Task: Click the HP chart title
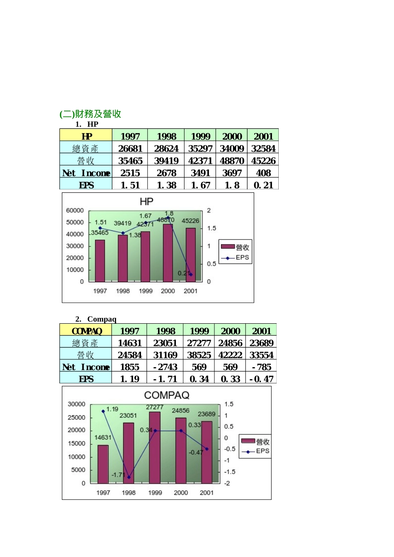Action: pyautogui.click(x=146, y=202)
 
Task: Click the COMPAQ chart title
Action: pyautogui.click(x=167, y=395)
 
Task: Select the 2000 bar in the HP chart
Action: pyautogui.click(x=168, y=253)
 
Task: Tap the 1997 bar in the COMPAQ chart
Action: pyautogui.click(x=103, y=464)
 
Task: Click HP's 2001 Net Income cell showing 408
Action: pyautogui.click(x=263, y=173)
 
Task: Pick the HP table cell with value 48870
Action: pyautogui.click(x=231, y=161)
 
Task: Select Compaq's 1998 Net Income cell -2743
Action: pyautogui.click(x=165, y=367)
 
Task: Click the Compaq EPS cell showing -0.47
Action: pyautogui.click(x=261, y=379)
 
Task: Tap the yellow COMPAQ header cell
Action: pyautogui.click(x=86, y=331)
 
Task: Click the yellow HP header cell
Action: pyautogui.click(x=86, y=136)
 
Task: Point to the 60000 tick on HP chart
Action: pyautogui.click(x=75, y=211)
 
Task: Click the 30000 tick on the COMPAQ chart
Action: pyautogui.click(x=77, y=404)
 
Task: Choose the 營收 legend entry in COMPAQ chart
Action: pyautogui.click(x=255, y=442)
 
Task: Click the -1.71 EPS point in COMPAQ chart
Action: pyautogui.click(x=129, y=477)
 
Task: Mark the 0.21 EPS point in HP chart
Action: pyautogui.click(x=191, y=275)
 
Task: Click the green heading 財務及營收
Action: pyautogui.click(x=90, y=114)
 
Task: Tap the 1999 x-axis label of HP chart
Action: pyautogui.click(x=146, y=291)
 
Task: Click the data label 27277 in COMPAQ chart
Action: pyautogui.click(x=155, y=407)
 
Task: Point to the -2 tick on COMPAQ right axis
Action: pyautogui.click(x=227, y=483)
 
